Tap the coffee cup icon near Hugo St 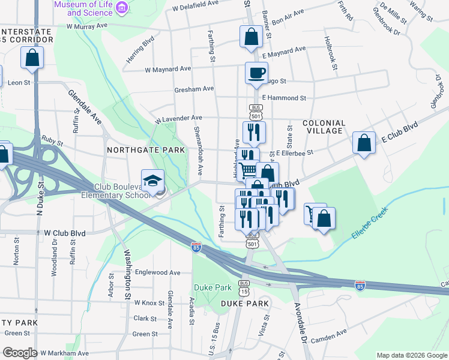(x=256, y=74)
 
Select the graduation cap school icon (x=152, y=180)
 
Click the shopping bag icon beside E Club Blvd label (x=363, y=143)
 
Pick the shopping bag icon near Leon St (x=32, y=58)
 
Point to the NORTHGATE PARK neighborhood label (x=145, y=149)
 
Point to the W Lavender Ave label (x=178, y=119)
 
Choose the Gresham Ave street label (x=194, y=89)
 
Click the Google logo (x=19, y=353)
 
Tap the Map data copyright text (x=411, y=355)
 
